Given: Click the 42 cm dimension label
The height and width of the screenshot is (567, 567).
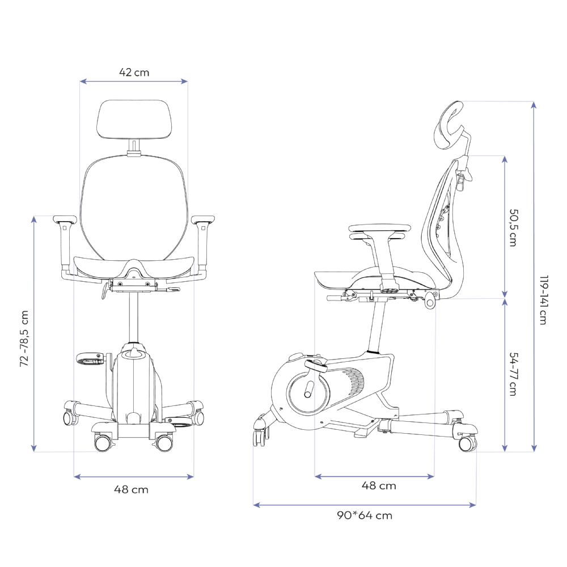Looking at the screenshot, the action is [x=134, y=73].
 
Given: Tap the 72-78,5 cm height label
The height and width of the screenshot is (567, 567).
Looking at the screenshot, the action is [x=24, y=338].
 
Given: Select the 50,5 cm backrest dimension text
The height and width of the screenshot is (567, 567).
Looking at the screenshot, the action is [x=513, y=228].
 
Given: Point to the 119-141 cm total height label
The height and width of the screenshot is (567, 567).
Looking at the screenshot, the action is [x=543, y=300].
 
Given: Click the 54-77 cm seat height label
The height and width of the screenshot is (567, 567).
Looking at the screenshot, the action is [x=513, y=374].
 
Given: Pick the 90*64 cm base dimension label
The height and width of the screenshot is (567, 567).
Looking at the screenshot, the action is [x=365, y=515].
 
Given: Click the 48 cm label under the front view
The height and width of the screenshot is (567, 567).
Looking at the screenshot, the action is [x=132, y=490].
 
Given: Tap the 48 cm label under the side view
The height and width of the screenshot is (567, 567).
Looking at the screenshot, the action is [x=379, y=485].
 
